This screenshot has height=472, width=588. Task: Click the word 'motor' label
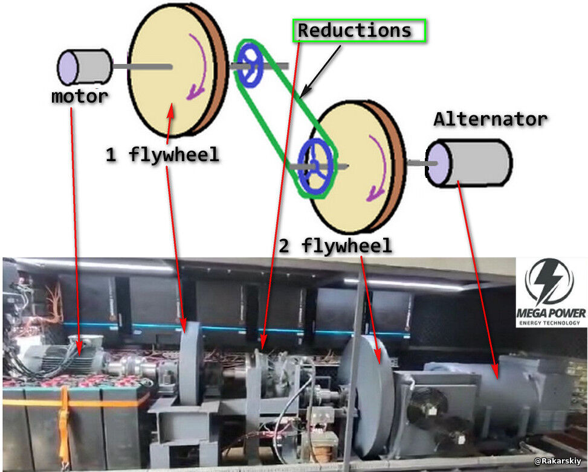79,96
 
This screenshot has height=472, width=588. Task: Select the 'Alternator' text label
490,119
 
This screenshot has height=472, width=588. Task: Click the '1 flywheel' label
162,155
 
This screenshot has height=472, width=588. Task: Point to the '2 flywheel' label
335,246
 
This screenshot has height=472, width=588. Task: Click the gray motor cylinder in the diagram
85,66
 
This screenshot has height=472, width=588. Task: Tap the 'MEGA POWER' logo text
551,313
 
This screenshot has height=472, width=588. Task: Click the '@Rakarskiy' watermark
558,461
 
